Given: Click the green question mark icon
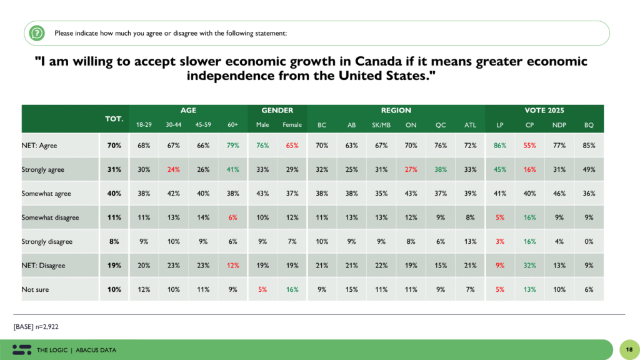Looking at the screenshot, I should (x=37, y=32).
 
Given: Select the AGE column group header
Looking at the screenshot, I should (x=188, y=110).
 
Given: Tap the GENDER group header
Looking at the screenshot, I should (x=277, y=110).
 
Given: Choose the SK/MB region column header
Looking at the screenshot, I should (x=381, y=125).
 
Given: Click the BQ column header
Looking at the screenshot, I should (x=589, y=125).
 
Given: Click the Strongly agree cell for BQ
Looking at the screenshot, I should (x=589, y=169).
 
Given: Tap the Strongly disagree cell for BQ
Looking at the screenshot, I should (x=589, y=241).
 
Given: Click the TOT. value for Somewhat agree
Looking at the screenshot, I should (x=113, y=193).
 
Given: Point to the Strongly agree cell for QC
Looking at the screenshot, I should (x=441, y=169).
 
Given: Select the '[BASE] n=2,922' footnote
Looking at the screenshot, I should (x=37, y=327).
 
